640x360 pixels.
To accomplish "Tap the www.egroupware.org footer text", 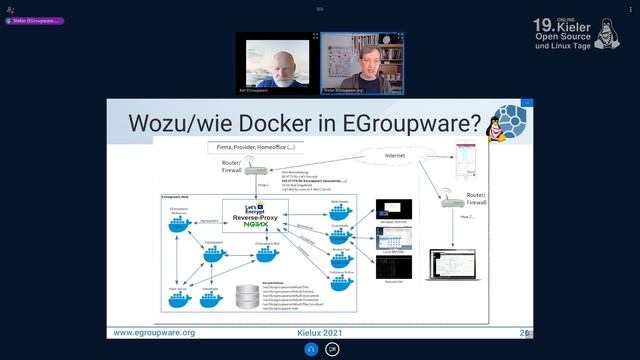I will click(154, 332).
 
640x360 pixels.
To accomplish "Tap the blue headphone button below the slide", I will click(312, 349).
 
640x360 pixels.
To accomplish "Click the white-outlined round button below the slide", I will click(332, 349).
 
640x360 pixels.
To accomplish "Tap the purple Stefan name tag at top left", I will click(34, 20).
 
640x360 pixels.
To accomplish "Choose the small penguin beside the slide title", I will click(493, 134).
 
